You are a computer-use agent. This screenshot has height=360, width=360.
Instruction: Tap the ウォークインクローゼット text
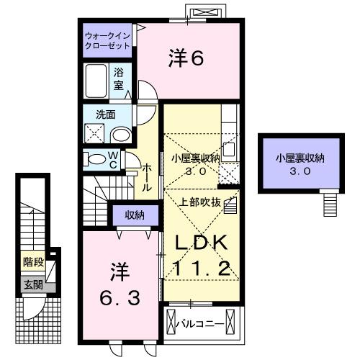[x=107, y=40]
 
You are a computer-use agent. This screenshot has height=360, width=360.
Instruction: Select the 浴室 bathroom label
[x=120, y=78]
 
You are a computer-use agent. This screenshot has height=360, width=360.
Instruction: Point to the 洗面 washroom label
[x=96, y=114]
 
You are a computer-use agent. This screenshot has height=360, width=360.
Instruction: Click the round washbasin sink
[x=122, y=135]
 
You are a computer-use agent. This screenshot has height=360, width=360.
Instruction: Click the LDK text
[x=200, y=242]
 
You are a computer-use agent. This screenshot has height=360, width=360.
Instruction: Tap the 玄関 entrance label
[x=32, y=284]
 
